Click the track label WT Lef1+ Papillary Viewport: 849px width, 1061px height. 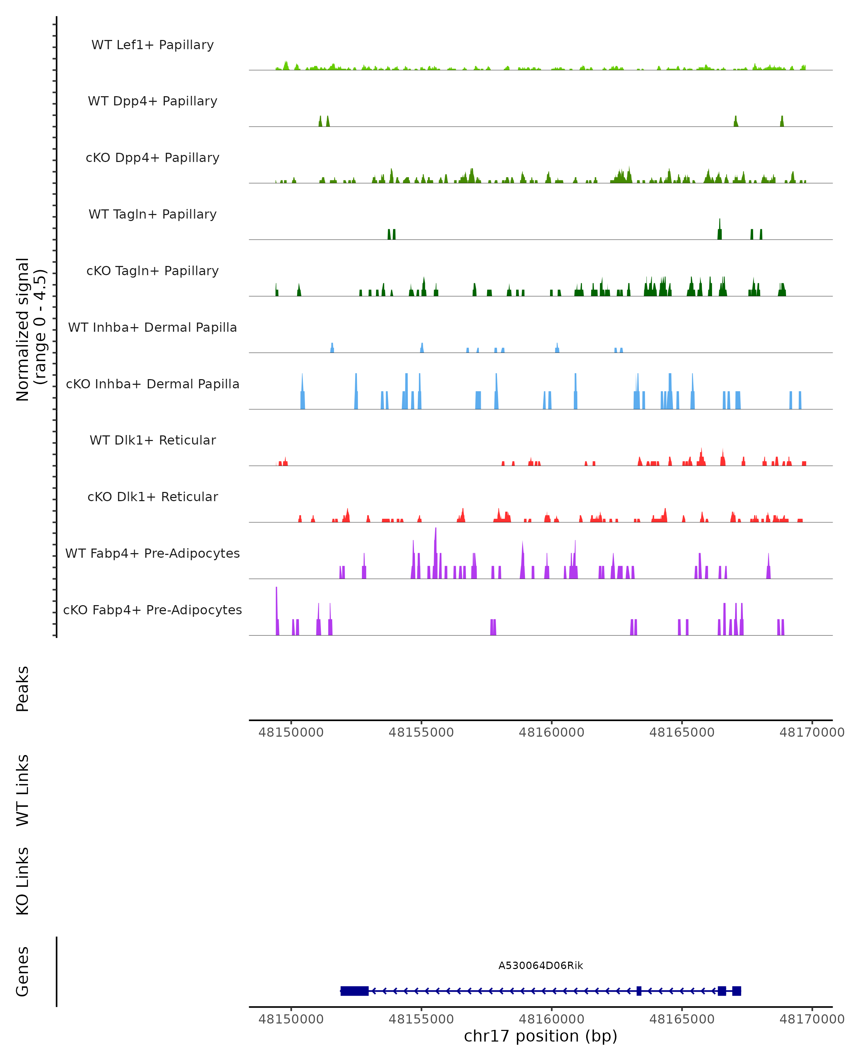point(152,45)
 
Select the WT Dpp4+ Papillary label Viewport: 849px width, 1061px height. point(152,102)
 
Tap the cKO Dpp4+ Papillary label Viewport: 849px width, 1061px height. point(152,158)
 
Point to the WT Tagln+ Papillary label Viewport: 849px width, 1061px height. point(152,215)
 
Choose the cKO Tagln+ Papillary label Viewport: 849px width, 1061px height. point(152,271)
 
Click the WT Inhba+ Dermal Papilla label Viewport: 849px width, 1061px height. point(152,328)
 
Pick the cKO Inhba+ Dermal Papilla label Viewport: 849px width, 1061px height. point(152,384)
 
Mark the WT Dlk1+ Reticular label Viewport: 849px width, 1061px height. point(152,440)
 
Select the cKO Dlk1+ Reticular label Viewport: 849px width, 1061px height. point(152,497)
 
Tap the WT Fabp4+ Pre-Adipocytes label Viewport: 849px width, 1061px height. point(152,553)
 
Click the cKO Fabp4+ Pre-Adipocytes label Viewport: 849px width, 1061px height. point(152,610)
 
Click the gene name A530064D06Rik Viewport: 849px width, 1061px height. point(541,966)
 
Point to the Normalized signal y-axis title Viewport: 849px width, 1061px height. point(30,329)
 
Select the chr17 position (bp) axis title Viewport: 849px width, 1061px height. point(541,1036)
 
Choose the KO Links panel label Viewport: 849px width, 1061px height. point(23,881)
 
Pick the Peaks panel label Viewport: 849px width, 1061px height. point(23,689)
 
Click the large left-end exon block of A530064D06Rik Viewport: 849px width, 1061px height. point(354,991)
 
